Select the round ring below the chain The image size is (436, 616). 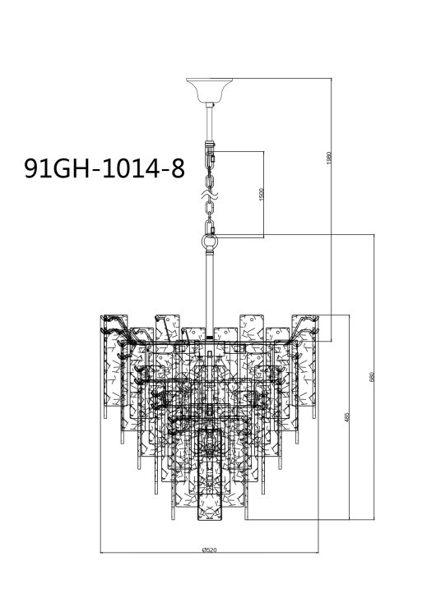pos(209,242)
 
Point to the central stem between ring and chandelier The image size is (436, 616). pos(209,287)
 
